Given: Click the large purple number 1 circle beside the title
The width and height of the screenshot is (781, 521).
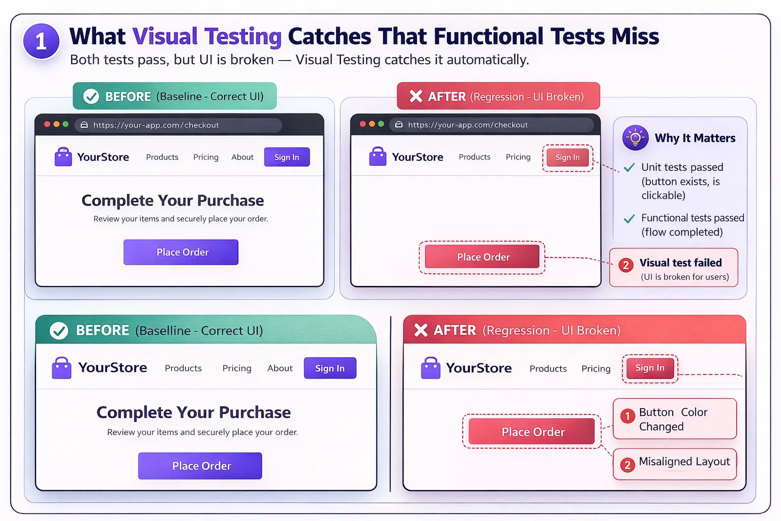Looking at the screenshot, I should click(x=41, y=41).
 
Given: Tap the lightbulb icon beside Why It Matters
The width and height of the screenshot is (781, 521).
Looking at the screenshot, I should click(x=635, y=137).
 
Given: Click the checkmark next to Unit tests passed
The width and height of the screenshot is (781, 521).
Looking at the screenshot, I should click(x=629, y=167).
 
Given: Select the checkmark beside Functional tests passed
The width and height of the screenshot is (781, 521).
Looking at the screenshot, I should click(x=629, y=219).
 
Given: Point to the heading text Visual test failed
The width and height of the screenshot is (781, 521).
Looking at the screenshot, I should click(x=680, y=263).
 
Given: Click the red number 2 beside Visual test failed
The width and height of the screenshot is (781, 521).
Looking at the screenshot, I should click(x=626, y=265).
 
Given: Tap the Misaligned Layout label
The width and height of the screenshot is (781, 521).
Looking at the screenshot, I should click(x=684, y=461).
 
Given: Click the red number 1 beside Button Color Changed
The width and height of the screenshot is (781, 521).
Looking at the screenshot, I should click(x=627, y=416).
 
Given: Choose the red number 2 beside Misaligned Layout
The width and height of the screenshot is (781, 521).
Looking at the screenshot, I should click(x=627, y=465).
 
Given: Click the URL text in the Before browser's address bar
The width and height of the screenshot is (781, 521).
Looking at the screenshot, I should click(x=156, y=125).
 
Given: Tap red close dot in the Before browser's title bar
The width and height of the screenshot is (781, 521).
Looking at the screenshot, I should click(x=47, y=124).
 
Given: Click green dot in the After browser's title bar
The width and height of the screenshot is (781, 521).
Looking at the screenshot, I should click(x=381, y=124).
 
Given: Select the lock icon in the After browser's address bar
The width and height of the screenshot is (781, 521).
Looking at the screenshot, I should click(x=399, y=125).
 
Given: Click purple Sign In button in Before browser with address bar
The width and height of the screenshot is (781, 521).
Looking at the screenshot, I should click(x=287, y=157).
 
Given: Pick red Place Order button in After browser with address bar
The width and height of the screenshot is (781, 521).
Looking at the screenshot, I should click(x=483, y=257).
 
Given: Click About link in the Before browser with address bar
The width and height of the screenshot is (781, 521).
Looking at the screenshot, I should click(x=242, y=157).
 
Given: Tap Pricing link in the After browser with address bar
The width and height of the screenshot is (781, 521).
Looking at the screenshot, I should click(x=518, y=157).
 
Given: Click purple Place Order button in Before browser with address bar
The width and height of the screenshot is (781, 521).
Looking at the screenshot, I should click(x=181, y=252).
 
